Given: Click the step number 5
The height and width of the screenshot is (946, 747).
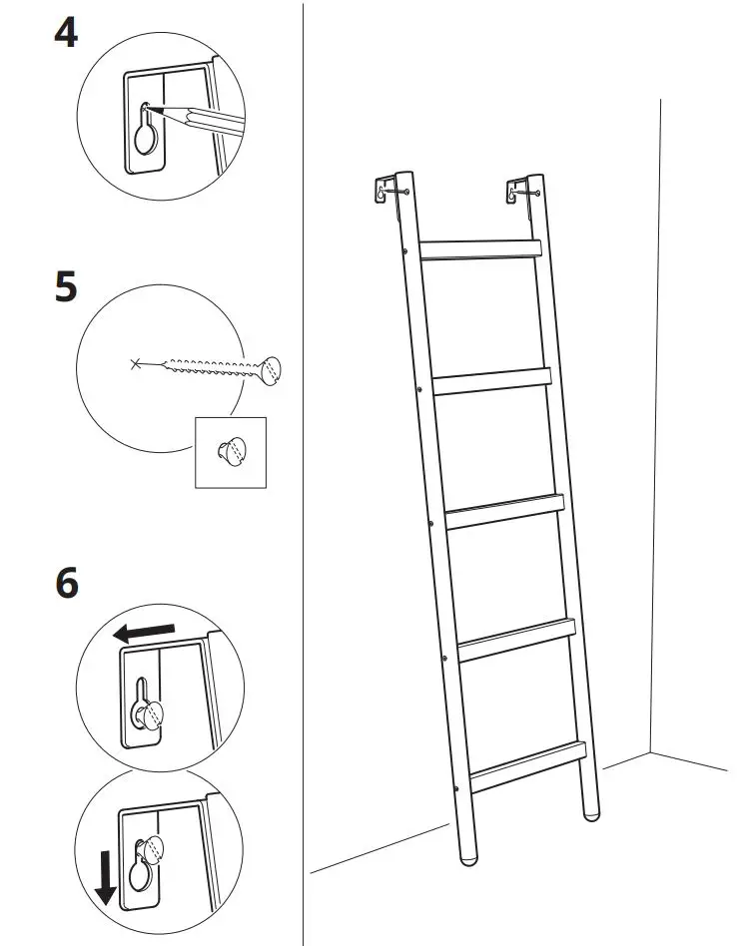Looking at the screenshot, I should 66,287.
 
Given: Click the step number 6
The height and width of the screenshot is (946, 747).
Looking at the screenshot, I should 66,584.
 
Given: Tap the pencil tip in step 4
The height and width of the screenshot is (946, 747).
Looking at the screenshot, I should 151,107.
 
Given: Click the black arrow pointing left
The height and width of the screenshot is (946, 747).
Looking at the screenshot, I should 143,632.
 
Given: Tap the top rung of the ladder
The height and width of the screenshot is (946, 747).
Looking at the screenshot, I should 479,249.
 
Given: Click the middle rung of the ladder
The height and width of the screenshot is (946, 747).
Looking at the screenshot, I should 504,510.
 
